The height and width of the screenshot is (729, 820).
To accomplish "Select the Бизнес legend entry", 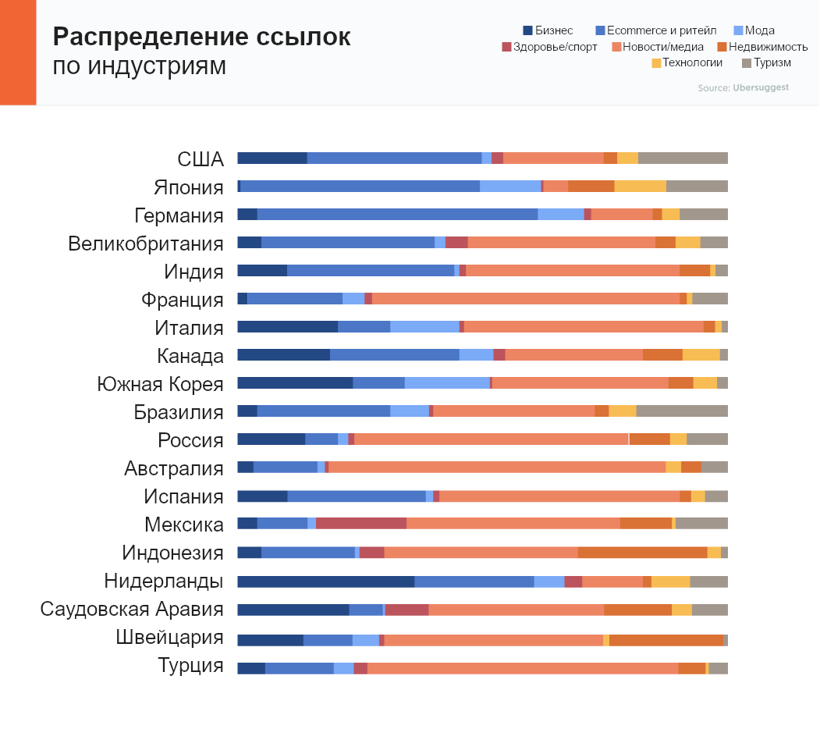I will click(548, 30).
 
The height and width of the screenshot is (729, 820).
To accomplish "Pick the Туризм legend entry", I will click(766, 62).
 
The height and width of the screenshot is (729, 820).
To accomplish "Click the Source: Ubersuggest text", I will click(743, 87).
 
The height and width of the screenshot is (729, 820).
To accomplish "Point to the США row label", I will click(201, 159).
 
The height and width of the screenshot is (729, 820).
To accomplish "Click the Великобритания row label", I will click(146, 244).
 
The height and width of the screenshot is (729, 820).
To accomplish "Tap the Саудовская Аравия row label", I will click(132, 609).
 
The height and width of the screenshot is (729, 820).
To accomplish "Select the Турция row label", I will click(190, 666).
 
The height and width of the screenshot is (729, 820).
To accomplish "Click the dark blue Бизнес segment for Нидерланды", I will click(325, 581).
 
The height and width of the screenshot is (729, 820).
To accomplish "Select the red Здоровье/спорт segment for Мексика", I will click(361, 523).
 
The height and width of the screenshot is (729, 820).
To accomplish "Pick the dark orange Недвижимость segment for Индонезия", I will click(642, 553).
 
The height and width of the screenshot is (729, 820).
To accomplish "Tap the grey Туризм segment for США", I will click(683, 158).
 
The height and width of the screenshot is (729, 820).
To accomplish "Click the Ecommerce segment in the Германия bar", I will click(397, 215).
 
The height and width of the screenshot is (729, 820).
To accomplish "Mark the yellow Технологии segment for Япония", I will click(640, 187).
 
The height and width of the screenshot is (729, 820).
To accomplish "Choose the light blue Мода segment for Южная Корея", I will click(447, 382).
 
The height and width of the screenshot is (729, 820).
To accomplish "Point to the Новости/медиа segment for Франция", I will click(525, 299).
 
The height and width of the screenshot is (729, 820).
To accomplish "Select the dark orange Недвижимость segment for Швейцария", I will click(666, 640).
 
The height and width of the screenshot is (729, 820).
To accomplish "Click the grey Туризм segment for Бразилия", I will click(682, 411).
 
